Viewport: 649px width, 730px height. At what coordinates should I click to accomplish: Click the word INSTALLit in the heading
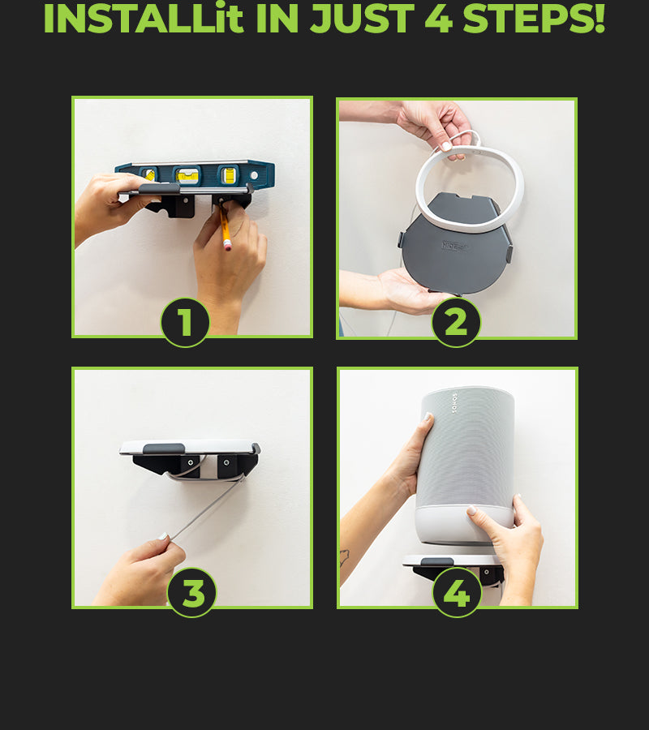click(x=144, y=19)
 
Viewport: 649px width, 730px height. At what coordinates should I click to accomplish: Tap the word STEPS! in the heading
click(x=534, y=19)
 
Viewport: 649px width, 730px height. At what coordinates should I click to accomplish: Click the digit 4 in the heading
click(x=439, y=19)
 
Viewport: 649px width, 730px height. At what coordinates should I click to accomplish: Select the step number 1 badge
click(x=185, y=322)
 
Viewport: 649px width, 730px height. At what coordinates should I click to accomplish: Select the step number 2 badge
click(x=456, y=322)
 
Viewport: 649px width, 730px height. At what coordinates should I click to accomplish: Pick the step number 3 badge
click(x=191, y=593)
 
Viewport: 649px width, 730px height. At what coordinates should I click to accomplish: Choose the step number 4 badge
click(x=458, y=593)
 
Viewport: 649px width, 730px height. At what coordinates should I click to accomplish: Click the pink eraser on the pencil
click(x=228, y=245)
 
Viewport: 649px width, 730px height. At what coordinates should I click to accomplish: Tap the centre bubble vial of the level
click(x=188, y=175)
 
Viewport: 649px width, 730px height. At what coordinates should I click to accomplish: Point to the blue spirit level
click(x=196, y=174)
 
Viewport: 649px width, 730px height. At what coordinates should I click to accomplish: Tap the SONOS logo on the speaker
click(x=454, y=403)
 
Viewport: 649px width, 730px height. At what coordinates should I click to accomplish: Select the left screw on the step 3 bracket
click(x=190, y=463)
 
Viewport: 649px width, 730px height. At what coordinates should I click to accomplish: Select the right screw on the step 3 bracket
click(x=226, y=463)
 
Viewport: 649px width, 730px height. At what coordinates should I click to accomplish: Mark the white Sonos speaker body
click(x=466, y=466)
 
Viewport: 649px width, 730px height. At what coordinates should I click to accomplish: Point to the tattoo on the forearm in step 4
click(x=345, y=557)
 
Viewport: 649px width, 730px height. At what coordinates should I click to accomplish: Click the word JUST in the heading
click(x=362, y=19)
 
